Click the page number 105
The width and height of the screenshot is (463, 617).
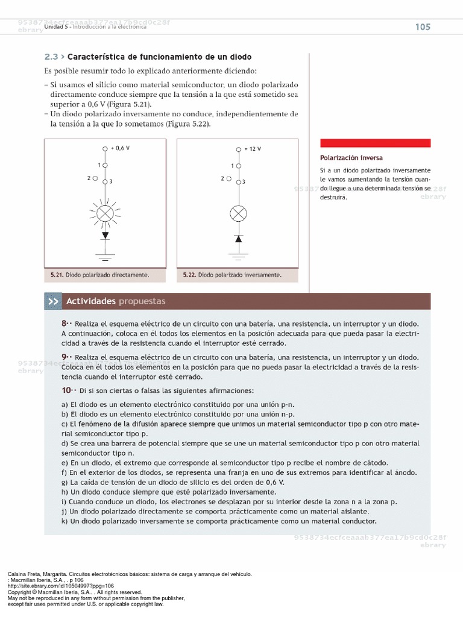click(422, 27)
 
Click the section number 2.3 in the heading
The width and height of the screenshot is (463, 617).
click(51, 57)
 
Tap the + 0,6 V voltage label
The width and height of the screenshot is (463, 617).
click(120, 148)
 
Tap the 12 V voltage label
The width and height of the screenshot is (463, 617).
click(254, 148)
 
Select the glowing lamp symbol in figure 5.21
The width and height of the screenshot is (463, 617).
click(106, 212)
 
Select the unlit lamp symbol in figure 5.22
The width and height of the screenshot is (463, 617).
click(239, 213)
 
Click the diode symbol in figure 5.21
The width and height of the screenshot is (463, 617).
click(106, 235)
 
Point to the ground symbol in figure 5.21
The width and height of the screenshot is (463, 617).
click(106, 257)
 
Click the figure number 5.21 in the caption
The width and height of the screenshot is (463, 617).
click(57, 275)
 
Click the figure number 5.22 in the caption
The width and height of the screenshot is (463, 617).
click(190, 275)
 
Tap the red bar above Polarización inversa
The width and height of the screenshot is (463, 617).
click(375, 143)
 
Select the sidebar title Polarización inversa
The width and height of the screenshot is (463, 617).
click(351, 158)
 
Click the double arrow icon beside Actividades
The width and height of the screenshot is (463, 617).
click(53, 301)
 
